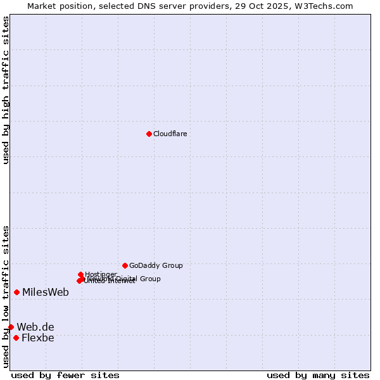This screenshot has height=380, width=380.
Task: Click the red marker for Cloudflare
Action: click(x=149, y=134)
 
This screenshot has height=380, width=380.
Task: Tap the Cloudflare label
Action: click(x=170, y=134)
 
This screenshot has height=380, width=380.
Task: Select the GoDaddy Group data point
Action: click(x=125, y=265)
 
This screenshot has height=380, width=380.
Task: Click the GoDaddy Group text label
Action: click(x=156, y=265)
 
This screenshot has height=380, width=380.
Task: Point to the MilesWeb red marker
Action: click(x=16, y=292)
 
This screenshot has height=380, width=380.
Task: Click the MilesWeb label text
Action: click(x=46, y=292)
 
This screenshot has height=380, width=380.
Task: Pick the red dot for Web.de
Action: click(x=11, y=327)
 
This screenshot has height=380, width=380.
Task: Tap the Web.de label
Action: click(x=35, y=327)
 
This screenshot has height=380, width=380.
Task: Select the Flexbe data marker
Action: click(x=16, y=338)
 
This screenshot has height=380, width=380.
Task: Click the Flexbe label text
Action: click(x=38, y=338)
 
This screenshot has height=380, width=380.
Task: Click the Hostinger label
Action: click(x=101, y=274)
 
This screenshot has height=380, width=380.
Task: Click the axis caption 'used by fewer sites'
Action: click(x=65, y=375)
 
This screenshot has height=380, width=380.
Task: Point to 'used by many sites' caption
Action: click(x=318, y=375)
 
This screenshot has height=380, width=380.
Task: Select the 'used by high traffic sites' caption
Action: click(x=6, y=90)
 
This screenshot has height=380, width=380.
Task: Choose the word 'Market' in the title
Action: click(x=43, y=6)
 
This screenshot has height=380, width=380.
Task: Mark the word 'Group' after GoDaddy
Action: click(x=171, y=265)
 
